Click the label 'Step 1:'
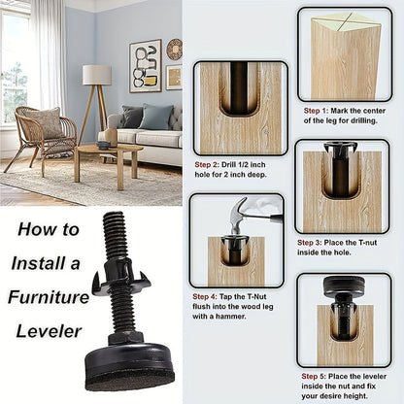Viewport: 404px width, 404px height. coord(316,111)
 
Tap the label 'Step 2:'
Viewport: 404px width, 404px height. coord(207,164)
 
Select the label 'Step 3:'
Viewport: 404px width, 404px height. coord(310,243)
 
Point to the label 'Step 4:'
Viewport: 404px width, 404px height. coord(205,296)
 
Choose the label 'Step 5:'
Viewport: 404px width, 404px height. coord(314,376)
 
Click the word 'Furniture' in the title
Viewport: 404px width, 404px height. coord(49,297)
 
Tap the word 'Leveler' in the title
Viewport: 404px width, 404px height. coord(49,331)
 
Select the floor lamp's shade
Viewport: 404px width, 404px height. coord(97,75)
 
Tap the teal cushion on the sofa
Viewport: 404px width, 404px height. coord(156,117)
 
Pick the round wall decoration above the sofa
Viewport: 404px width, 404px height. coord(175,50)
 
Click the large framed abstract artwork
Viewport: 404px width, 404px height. coord(146,66)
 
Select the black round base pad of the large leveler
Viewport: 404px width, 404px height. coord(129,367)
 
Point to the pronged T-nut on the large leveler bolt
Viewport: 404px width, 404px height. coord(121,276)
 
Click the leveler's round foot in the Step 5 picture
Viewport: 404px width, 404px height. coord(344,285)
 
